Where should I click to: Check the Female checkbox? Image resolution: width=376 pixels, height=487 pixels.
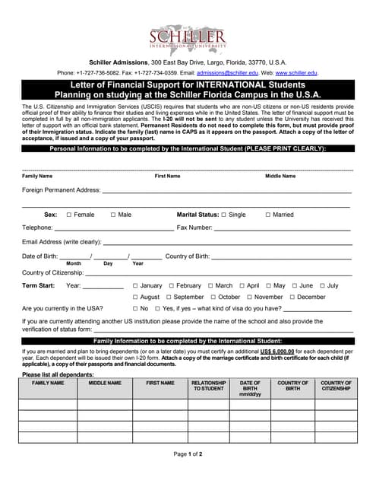69,215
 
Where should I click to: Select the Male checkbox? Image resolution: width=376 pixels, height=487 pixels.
113,215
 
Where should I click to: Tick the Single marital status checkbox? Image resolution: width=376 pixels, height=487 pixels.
224,215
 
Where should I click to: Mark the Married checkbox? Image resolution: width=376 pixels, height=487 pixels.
267,215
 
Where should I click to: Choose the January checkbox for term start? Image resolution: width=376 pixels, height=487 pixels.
135,285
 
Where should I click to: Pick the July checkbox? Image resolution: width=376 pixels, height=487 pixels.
322,285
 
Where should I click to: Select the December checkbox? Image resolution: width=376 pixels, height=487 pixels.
292,297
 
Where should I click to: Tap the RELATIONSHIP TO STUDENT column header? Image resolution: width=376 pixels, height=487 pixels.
208,386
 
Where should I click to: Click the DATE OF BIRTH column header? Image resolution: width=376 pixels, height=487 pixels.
250,388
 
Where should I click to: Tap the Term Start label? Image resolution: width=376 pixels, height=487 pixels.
38,285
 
